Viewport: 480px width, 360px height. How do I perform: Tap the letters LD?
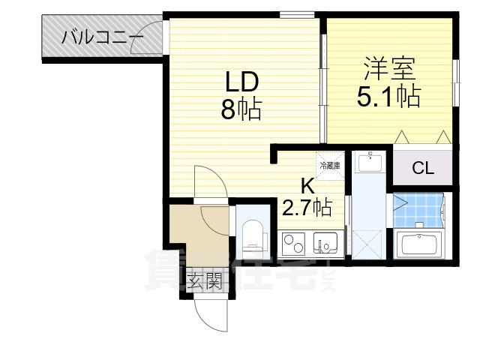click(x=240, y=81)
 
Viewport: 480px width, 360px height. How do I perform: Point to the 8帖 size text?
click(x=240, y=110)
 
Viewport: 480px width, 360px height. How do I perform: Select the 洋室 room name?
click(x=389, y=69)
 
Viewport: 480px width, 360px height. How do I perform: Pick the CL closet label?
click(x=422, y=167)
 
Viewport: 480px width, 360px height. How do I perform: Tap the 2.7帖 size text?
click(x=307, y=207)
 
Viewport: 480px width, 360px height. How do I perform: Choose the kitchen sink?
click(x=326, y=243)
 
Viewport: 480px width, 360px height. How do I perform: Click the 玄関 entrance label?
click(x=203, y=282)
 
